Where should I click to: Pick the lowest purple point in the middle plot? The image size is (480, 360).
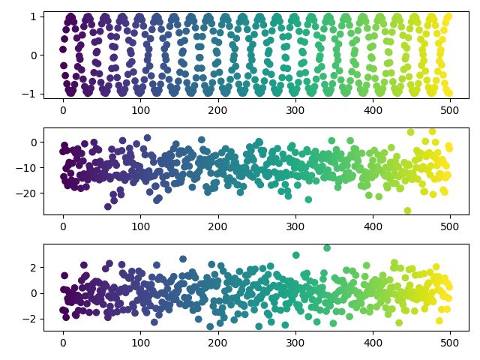108,206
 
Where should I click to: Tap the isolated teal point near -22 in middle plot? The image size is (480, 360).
308,199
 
